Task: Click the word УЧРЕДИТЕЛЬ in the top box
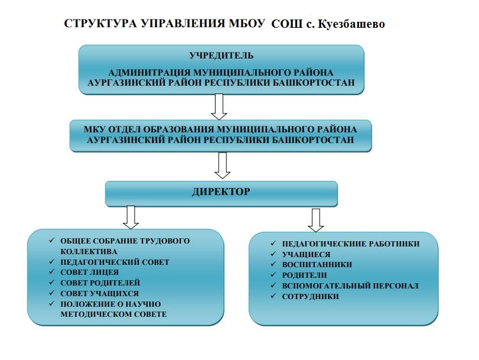(x=221, y=56)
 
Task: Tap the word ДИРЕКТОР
(x=221, y=192)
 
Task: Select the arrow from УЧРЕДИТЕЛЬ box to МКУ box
(x=219, y=106)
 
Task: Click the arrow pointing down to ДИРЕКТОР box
(x=223, y=166)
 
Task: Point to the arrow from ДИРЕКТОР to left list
(x=131, y=217)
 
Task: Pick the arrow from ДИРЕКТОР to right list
(x=316, y=220)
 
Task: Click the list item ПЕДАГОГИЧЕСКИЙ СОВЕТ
(x=115, y=262)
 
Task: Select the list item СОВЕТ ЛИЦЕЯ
(x=90, y=273)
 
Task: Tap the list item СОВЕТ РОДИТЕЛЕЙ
(x=100, y=283)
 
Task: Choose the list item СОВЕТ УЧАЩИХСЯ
(x=100, y=294)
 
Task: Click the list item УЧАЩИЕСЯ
(x=307, y=254)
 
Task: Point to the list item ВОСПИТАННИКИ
(x=317, y=265)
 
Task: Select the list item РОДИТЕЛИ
(x=304, y=275)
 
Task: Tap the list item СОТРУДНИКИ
(x=310, y=296)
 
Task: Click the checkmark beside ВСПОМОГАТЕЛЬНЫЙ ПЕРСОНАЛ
(x=273, y=286)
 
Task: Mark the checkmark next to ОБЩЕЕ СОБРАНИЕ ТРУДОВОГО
(x=52, y=241)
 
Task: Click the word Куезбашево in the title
(x=351, y=24)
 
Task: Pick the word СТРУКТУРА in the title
(x=100, y=23)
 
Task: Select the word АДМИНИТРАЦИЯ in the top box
(x=149, y=73)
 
